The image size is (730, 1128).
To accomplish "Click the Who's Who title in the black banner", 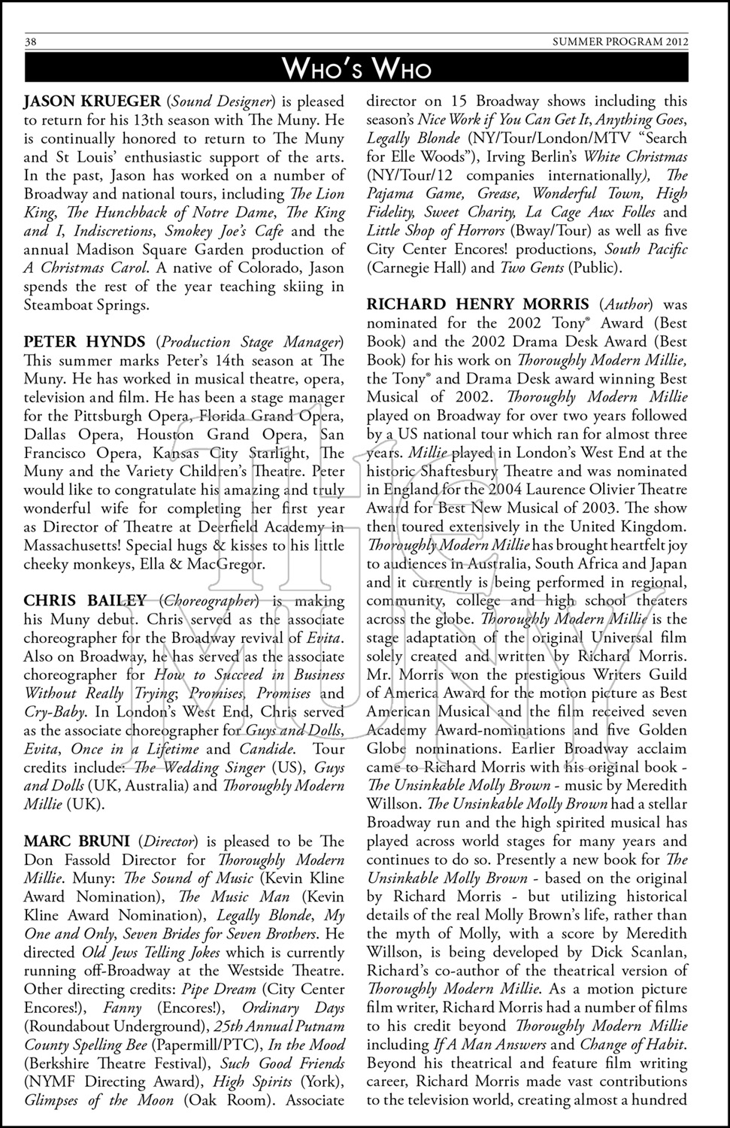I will point(356,69).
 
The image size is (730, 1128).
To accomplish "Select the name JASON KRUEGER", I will point(92,102).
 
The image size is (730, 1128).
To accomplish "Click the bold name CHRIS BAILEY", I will point(85,601).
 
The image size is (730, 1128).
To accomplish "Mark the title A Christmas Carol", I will point(86,268).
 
